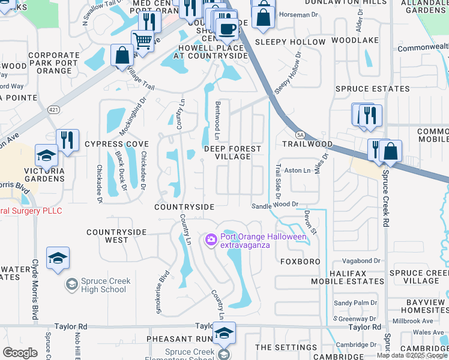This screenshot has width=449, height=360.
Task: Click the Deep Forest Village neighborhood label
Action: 232,152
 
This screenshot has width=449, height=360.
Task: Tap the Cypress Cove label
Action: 116,145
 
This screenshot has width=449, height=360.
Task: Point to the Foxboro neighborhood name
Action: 300,262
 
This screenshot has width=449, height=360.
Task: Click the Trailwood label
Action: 307,145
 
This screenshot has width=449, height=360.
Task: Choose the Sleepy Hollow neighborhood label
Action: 290,43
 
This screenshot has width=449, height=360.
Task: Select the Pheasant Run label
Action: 176,340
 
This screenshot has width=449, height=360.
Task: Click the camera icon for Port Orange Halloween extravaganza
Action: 211,241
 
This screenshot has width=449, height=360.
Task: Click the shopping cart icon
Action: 142,41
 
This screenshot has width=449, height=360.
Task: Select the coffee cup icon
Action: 227,28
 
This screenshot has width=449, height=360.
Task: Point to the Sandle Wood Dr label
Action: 274,205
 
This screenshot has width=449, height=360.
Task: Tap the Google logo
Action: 20,353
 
